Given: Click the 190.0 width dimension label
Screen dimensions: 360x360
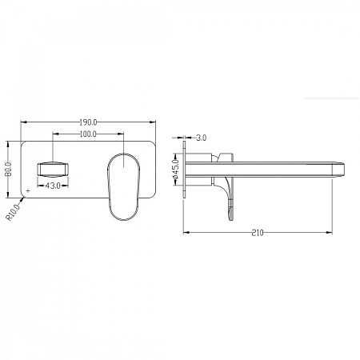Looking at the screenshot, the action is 88,122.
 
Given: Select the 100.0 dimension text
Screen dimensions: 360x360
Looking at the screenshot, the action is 88,134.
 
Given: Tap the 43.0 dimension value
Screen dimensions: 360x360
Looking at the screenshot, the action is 53,186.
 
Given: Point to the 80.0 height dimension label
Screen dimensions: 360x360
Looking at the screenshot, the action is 8,170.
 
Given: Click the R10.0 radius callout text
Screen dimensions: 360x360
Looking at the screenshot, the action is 13,212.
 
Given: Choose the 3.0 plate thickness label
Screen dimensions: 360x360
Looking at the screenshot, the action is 202,138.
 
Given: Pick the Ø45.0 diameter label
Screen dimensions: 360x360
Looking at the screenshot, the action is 176,169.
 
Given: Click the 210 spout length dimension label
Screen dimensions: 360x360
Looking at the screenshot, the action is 258,233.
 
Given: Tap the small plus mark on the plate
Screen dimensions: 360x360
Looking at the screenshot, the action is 28,190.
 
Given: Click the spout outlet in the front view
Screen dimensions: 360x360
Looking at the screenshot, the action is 53,170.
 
